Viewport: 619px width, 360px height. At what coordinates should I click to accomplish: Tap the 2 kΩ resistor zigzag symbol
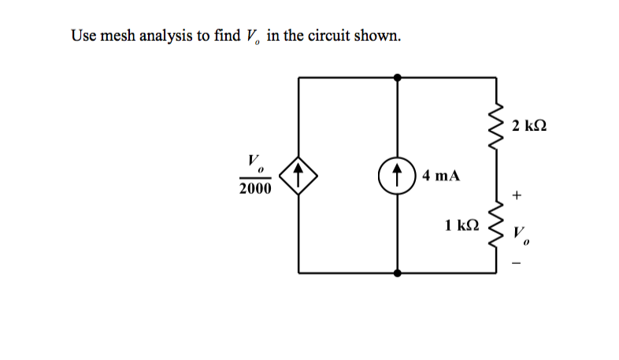(496, 123)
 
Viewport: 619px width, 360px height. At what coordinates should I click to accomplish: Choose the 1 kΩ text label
(461, 225)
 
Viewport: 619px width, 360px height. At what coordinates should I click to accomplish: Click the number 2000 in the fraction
(255, 189)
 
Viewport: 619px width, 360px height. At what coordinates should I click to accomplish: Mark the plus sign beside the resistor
(517, 194)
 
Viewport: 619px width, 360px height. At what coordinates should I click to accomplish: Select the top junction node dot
(398, 77)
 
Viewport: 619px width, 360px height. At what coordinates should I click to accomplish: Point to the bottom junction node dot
(398, 273)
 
